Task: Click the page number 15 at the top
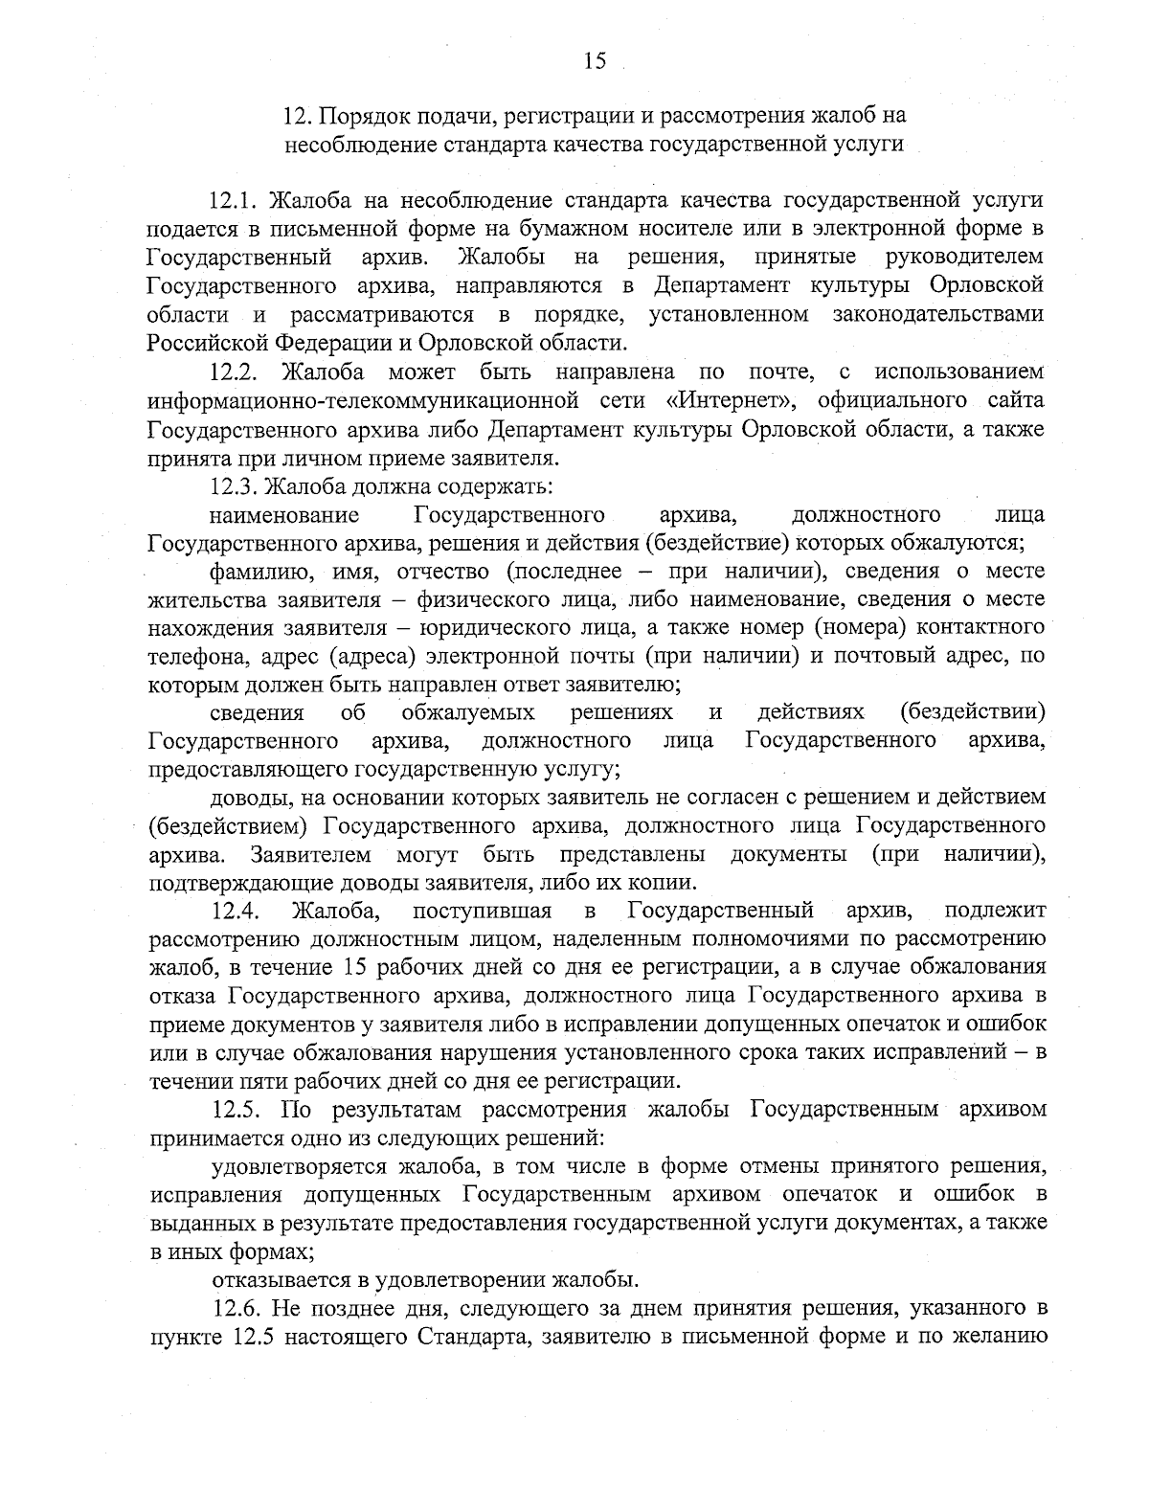pyautogui.click(x=594, y=61)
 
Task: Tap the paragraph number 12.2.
pyautogui.click(x=235, y=371)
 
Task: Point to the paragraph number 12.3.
pyautogui.click(x=235, y=486)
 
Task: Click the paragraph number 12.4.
pyautogui.click(x=235, y=909)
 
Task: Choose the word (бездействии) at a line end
pyautogui.click(x=972, y=712)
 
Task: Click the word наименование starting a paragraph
pyautogui.click(x=284, y=515)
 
